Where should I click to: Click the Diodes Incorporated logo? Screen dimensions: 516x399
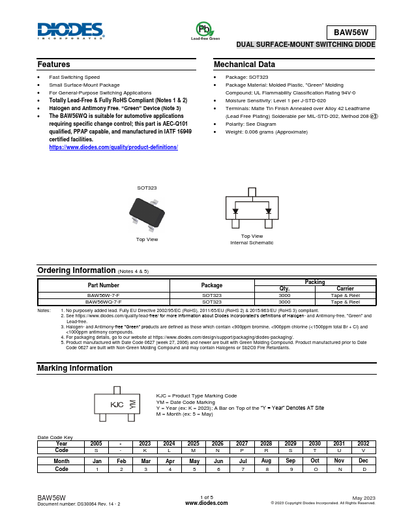click(x=70, y=31)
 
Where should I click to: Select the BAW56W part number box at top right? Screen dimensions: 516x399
click(x=351, y=32)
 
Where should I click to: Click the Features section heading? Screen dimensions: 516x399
click(x=54, y=64)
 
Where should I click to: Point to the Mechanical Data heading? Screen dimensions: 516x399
click(x=244, y=64)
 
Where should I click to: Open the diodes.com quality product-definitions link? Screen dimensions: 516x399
click(x=113, y=147)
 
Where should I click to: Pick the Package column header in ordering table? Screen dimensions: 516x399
click(x=211, y=285)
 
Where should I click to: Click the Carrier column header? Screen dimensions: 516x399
click(x=346, y=288)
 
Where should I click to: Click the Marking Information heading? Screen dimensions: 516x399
click(x=75, y=368)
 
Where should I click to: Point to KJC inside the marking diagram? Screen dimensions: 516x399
click(x=117, y=405)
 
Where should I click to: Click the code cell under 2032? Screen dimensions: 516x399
click(x=363, y=450)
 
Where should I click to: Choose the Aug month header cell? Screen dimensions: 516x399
click(x=266, y=461)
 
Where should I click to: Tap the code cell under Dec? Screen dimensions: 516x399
click(x=363, y=469)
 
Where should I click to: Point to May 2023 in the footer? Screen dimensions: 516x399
click(x=364, y=498)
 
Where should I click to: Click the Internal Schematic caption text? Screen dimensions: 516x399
click(x=252, y=242)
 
